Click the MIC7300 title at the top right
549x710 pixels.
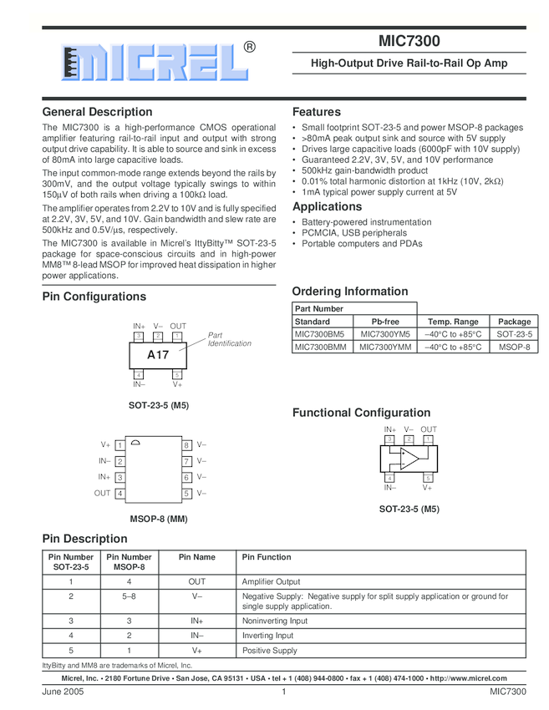[x=409, y=41]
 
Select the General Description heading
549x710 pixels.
[x=97, y=112]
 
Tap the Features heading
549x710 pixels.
[x=317, y=112]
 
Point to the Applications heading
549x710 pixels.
[x=328, y=206]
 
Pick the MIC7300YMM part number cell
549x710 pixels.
[x=385, y=346]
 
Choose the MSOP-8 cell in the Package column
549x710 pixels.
[x=514, y=346]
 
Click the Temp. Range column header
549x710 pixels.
[x=453, y=321]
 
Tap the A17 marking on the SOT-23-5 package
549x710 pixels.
[x=158, y=355]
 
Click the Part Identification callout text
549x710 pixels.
[x=229, y=339]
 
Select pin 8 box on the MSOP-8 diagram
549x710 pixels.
[x=187, y=445]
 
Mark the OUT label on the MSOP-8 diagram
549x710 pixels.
[x=102, y=494]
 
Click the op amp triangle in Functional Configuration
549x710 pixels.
[x=407, y=459]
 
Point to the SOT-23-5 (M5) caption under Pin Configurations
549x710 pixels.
[x=158, y=405]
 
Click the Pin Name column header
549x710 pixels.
[x=197, y=557]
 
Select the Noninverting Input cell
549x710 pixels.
[x=275, y=621]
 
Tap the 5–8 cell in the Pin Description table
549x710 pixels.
[x=129, y=596]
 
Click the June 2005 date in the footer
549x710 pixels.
[x=64, y=692]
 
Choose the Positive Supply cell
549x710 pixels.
[x=269, y=650]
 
